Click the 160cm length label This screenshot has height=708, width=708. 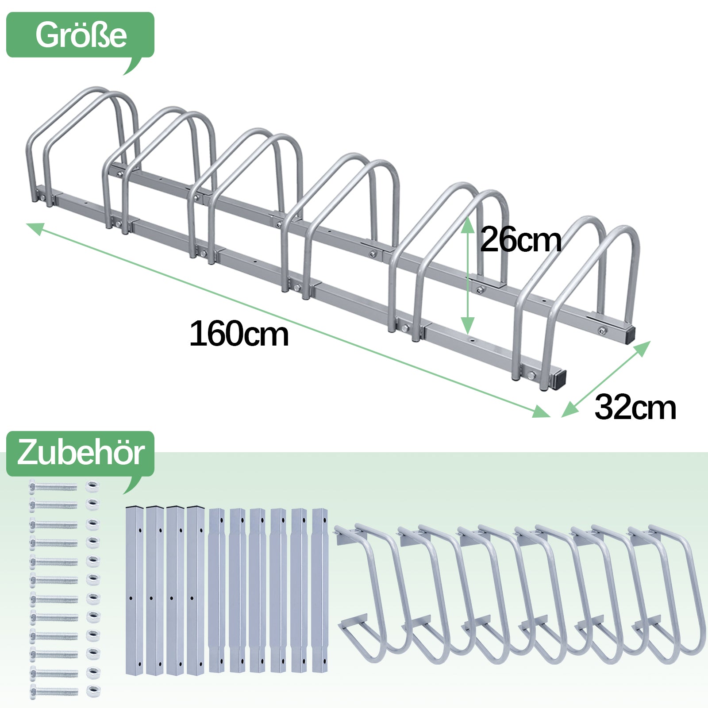point(239,334)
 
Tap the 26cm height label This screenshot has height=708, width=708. point(521,239)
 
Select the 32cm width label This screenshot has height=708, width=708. point(635,408)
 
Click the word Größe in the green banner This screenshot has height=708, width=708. point(81,35)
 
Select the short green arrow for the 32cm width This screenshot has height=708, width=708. point(606,379)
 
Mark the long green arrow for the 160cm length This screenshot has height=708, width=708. point(288,320)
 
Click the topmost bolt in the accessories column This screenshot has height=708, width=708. point(54,487)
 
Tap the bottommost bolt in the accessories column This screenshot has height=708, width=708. point(54,691)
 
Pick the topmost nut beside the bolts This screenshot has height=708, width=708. point(92,486)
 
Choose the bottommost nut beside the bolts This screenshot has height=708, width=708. point(92,691)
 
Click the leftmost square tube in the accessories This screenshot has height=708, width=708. point(135,590)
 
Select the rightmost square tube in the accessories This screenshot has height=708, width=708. point(320,590)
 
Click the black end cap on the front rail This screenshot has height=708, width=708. point(559,379)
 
